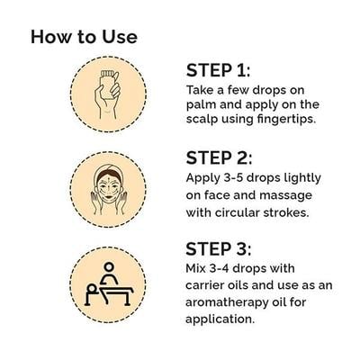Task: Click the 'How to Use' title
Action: (x=84, y=37)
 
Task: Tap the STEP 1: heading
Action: (x=218, y=70)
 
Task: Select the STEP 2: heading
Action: (x=219, y=157)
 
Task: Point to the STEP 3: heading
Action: (x=219, y=249)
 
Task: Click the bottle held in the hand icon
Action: (x=109, y=85)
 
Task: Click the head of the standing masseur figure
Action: (x=109, y=266)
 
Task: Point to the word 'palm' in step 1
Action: (x=201, y=104)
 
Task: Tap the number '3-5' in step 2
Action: (x=231, y=177)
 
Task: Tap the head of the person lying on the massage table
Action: (x=92, y=288)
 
